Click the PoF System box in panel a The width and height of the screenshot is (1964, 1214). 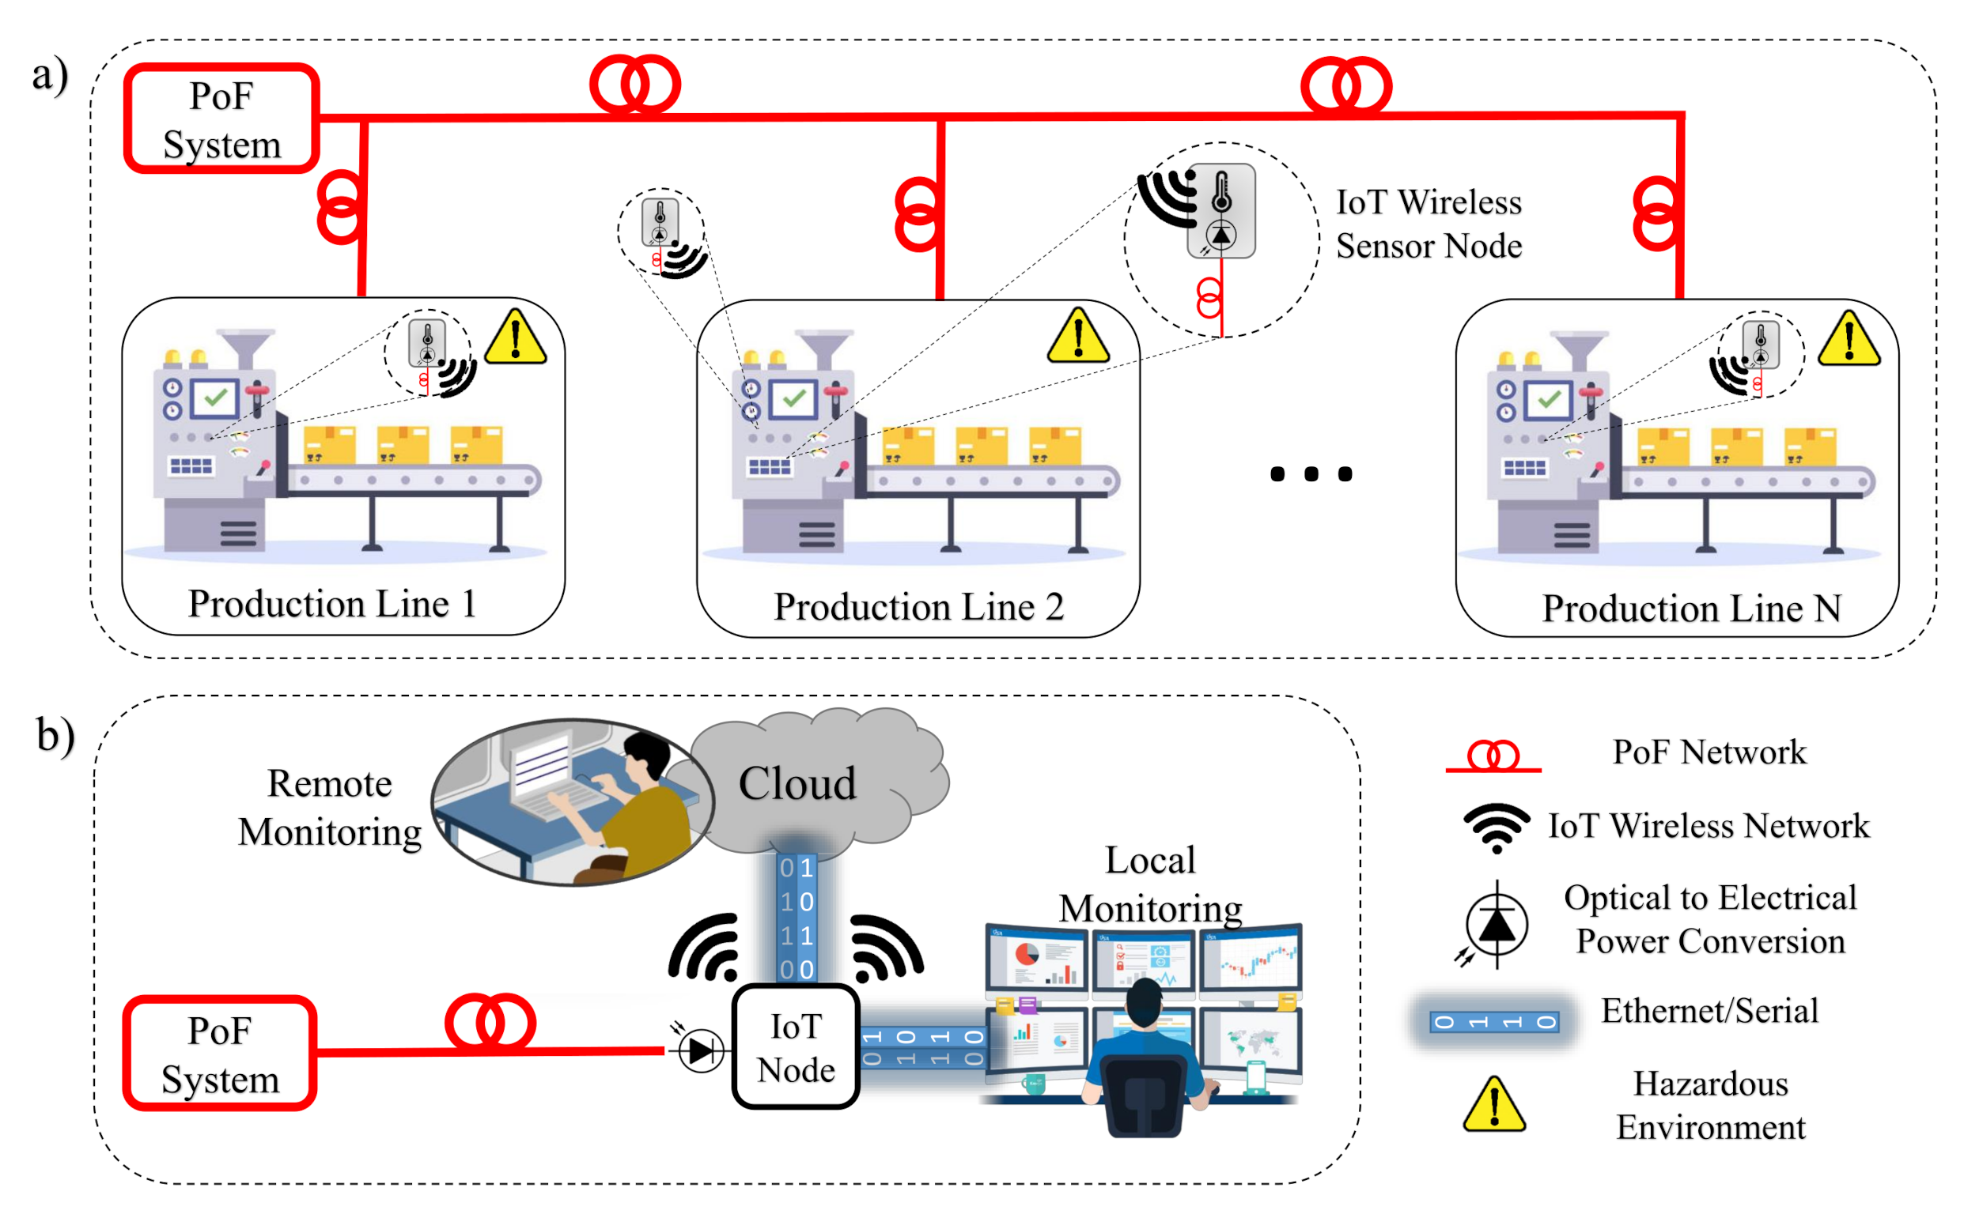click(221, 119)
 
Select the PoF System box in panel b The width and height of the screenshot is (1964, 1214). click(219, 1054)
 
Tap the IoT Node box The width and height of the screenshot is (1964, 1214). click(796, 1047)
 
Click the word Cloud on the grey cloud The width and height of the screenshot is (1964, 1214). click(797, 782)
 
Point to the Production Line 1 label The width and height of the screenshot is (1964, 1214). click(332, 604)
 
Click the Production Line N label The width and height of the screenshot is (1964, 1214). click(1692, 608)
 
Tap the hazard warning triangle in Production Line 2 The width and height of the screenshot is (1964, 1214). click(1078, 337)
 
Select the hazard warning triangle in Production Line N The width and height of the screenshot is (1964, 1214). click(1849, 340)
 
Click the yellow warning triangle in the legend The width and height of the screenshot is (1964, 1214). click(1493, 1106)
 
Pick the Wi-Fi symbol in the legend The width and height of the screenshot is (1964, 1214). click(1496, 827)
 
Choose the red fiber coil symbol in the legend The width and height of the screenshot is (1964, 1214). click(1493, 756)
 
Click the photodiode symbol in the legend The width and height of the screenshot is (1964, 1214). click(1496, 924)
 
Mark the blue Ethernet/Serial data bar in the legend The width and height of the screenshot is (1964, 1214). click(1494, 1021)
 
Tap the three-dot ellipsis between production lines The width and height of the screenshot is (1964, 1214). click(1311, 473)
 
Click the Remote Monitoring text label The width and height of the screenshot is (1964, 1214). click(329, 807)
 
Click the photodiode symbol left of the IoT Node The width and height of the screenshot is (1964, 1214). click(701, 1050)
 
